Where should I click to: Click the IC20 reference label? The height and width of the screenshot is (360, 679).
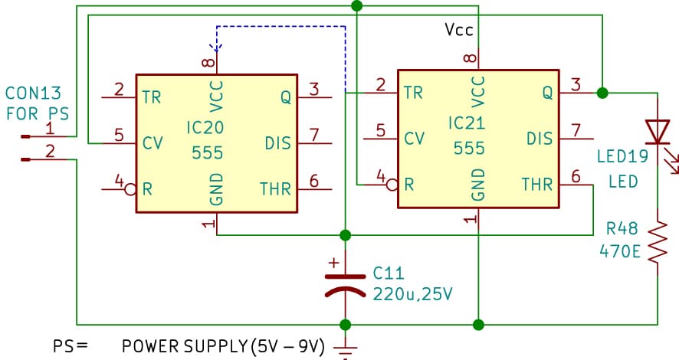tap(208, 124)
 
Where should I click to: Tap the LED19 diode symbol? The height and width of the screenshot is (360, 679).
tap(658, 132)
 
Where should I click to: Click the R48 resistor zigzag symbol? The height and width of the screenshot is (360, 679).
tap(658, 244)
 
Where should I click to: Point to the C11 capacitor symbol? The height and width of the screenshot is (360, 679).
tap(346, 283)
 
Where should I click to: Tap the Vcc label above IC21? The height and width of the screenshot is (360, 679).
tap(460, 30)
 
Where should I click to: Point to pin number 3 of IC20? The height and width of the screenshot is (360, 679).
tap(313, 88)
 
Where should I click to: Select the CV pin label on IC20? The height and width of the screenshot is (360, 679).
tap(152, 143)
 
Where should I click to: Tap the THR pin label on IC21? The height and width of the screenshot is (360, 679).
tap(537, 185)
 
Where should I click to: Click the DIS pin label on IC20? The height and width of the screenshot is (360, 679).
tap(277, 143)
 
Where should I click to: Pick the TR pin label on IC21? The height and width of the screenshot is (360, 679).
tap(413, 93)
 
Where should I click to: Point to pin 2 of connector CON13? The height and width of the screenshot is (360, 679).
tap(50, 151)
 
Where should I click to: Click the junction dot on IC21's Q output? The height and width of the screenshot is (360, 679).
tap(602, 93)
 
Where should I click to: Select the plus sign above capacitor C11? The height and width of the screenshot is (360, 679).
tap(333, 263)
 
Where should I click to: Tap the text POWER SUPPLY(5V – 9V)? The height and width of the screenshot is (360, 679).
tap(223, 346)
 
